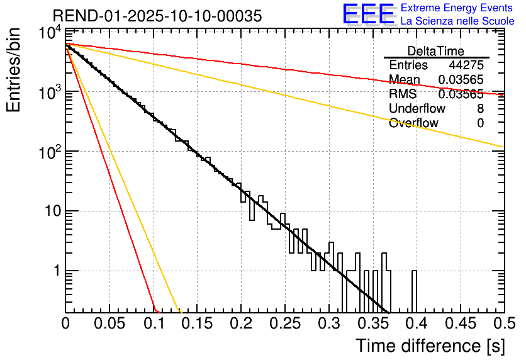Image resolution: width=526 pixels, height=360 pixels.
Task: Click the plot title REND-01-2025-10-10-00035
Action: pyautogui.click(x=157, y=16)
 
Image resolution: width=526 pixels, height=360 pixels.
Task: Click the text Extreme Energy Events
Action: pyautogui.click(x=457, y=8)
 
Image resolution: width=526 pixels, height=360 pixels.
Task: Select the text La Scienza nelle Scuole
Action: pyautogui.click(x=457, y=21)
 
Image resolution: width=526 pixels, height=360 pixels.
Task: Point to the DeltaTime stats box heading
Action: pyautogui.click(x=436, y=50)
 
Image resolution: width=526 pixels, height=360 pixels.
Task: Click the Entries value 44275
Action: pyautogui.click(x=466, y=65)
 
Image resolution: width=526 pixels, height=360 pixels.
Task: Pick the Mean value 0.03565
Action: pyautogui.click(x=461, y=80)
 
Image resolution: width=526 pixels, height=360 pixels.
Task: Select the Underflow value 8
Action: pyautogui.click(x=480, y=109)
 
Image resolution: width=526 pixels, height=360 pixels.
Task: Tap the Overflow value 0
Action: pyautogui.click(x=480, y=123)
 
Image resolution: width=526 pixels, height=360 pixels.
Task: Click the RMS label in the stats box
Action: pyautogui.click(x=403, y=94)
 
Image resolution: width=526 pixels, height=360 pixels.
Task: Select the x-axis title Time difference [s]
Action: pyautogui.click(x=430, y=346)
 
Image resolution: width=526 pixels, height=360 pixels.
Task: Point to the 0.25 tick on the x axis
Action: pyautogui.click(x=284, y=324)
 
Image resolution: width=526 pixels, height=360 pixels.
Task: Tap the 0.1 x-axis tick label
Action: pyautogui.click(x=153, y=324)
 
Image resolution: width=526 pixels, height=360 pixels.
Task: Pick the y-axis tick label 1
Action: pyautogui.click(x=55, y=271)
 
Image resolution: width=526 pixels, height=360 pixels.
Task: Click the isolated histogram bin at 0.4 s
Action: pyautogui.click(x=415, y=291)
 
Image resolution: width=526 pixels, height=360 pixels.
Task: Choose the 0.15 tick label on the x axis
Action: pyautogui.click(x=197, y=324)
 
